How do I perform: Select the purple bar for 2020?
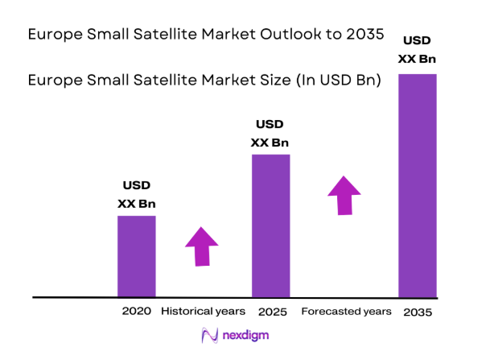[x=137, y=256]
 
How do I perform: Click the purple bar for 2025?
[x=270, y=226]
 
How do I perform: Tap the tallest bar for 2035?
[x=417, y=185]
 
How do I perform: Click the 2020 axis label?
[x=137, y=311]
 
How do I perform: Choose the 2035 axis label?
[x=418, y=312]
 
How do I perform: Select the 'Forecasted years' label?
[x=346, y=311]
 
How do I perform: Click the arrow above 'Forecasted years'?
[x=344, y=196]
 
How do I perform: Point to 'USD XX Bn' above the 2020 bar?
[x=136, y=195]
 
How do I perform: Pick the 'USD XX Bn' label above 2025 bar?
[x=270, y=134]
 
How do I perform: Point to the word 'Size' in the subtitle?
[x=245, y=81]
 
